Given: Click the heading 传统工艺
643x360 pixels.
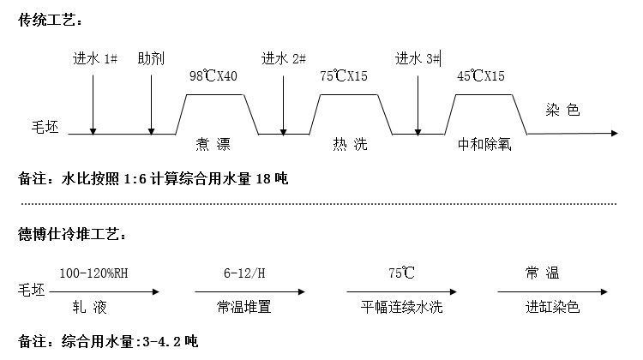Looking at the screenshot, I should pos(50,20).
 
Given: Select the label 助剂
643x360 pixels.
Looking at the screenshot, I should pos(151,59).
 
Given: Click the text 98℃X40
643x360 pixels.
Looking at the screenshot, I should pos(213,76).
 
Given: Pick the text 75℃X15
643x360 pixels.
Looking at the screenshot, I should pos(344,76).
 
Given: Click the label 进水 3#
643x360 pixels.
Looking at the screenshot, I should pos(418,59).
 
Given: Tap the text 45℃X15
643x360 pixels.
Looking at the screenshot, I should pos(481,76).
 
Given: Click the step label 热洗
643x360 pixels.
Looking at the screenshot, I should pos(349,144).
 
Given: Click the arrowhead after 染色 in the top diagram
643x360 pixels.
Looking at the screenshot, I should pos(613,134).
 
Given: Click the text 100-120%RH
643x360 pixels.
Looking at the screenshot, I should pos(94,273).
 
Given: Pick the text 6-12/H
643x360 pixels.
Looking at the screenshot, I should pos(244,273).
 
